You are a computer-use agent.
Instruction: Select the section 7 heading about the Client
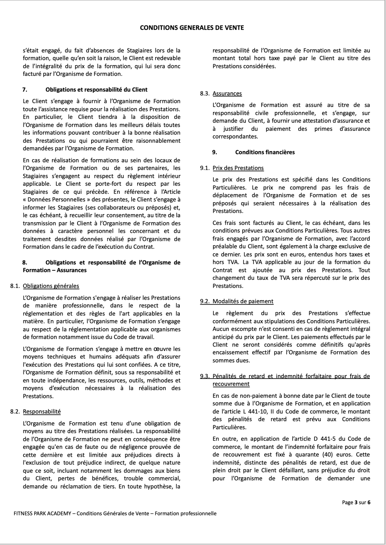96,89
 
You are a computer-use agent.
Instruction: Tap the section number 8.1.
15,286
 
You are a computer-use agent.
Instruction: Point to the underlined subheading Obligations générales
51,286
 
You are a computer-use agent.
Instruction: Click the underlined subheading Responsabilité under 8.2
42,412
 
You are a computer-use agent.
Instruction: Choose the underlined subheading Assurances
227,93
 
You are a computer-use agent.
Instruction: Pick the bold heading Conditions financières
265,152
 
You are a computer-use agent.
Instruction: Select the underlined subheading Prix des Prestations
238,168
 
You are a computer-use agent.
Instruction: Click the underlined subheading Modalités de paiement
243,301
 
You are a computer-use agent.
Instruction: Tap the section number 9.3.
205,376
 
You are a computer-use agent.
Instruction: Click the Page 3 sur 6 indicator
356,502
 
